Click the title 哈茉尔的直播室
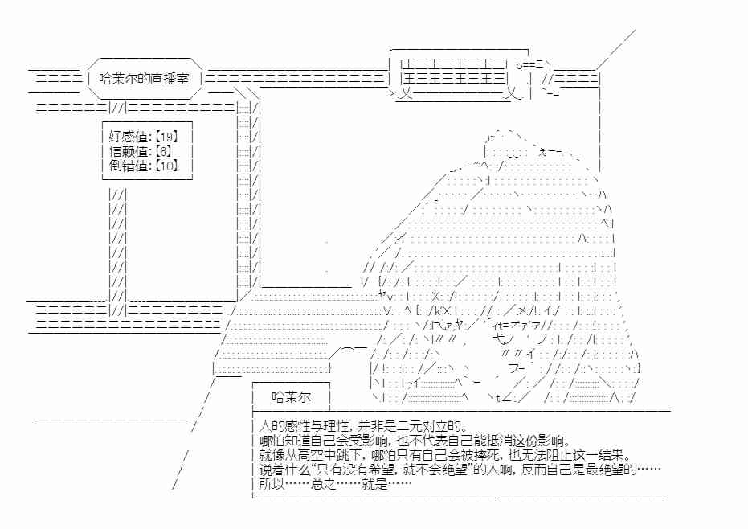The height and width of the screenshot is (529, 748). point(144,79)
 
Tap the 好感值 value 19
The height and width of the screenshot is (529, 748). point(166,137)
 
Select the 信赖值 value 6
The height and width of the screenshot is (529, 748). point(163,151)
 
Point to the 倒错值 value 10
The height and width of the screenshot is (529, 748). point(166,166)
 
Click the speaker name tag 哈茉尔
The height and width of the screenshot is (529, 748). point(291,397)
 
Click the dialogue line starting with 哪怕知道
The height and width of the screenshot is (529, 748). point(415,441)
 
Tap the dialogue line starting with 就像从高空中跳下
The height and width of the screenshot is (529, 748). point(444,454)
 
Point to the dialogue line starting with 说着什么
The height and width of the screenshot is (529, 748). point(460,470)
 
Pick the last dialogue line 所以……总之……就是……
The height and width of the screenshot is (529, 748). point(335,484)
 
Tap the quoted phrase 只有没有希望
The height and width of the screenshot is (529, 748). point(354,470)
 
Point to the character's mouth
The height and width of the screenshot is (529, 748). point(516,368)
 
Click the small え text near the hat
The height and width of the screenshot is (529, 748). point(542,152)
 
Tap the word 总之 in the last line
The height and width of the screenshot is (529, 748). point(324,484)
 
